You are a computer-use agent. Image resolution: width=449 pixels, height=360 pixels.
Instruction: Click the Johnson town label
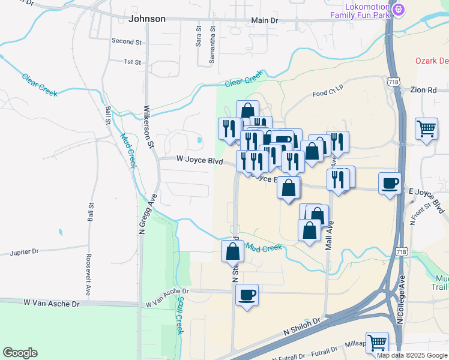click(x=147, y=19)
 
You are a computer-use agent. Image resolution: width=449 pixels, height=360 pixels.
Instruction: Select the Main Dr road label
click(x=265, y=20)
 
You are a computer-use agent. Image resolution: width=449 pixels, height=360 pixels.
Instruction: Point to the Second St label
click(x=126, y=41)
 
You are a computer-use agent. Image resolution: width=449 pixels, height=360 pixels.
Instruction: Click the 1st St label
click(x=132, y=62)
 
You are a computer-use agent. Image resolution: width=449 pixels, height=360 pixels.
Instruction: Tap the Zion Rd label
click(x=424, y=90)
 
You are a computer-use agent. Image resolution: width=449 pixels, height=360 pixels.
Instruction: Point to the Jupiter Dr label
click(x=24, y=253)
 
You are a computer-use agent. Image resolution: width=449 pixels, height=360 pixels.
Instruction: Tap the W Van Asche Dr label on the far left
click(x=52, y=304)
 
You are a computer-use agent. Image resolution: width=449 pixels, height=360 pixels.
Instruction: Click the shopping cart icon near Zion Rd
click(x=426, y=127)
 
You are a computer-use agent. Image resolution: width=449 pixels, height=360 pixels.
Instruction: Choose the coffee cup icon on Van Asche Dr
click(x=247, y=295)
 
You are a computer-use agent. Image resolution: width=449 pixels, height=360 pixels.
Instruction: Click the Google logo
click(x=20, y=353)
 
